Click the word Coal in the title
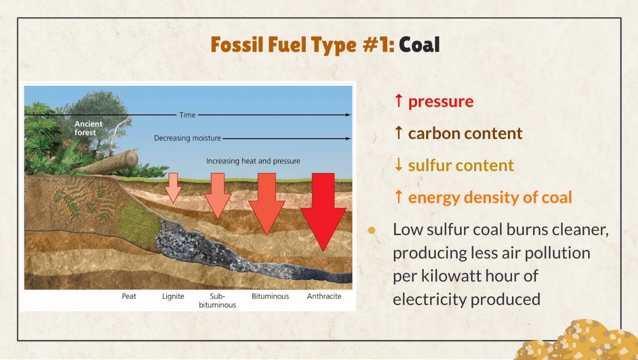[419, 45]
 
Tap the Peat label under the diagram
[129, 296]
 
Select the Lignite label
[173, 297]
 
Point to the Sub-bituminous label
[217, 301]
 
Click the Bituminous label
[270, 296]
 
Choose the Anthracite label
[324, 296]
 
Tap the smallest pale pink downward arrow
[173, 188]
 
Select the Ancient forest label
[88, 128]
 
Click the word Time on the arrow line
[187, 115]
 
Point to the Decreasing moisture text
[187, 138]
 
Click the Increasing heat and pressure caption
[253, 161]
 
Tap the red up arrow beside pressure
[399, 101]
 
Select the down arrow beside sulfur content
[399, 164]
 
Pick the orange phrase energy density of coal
[490, 197]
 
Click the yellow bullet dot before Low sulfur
[371, 230]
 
